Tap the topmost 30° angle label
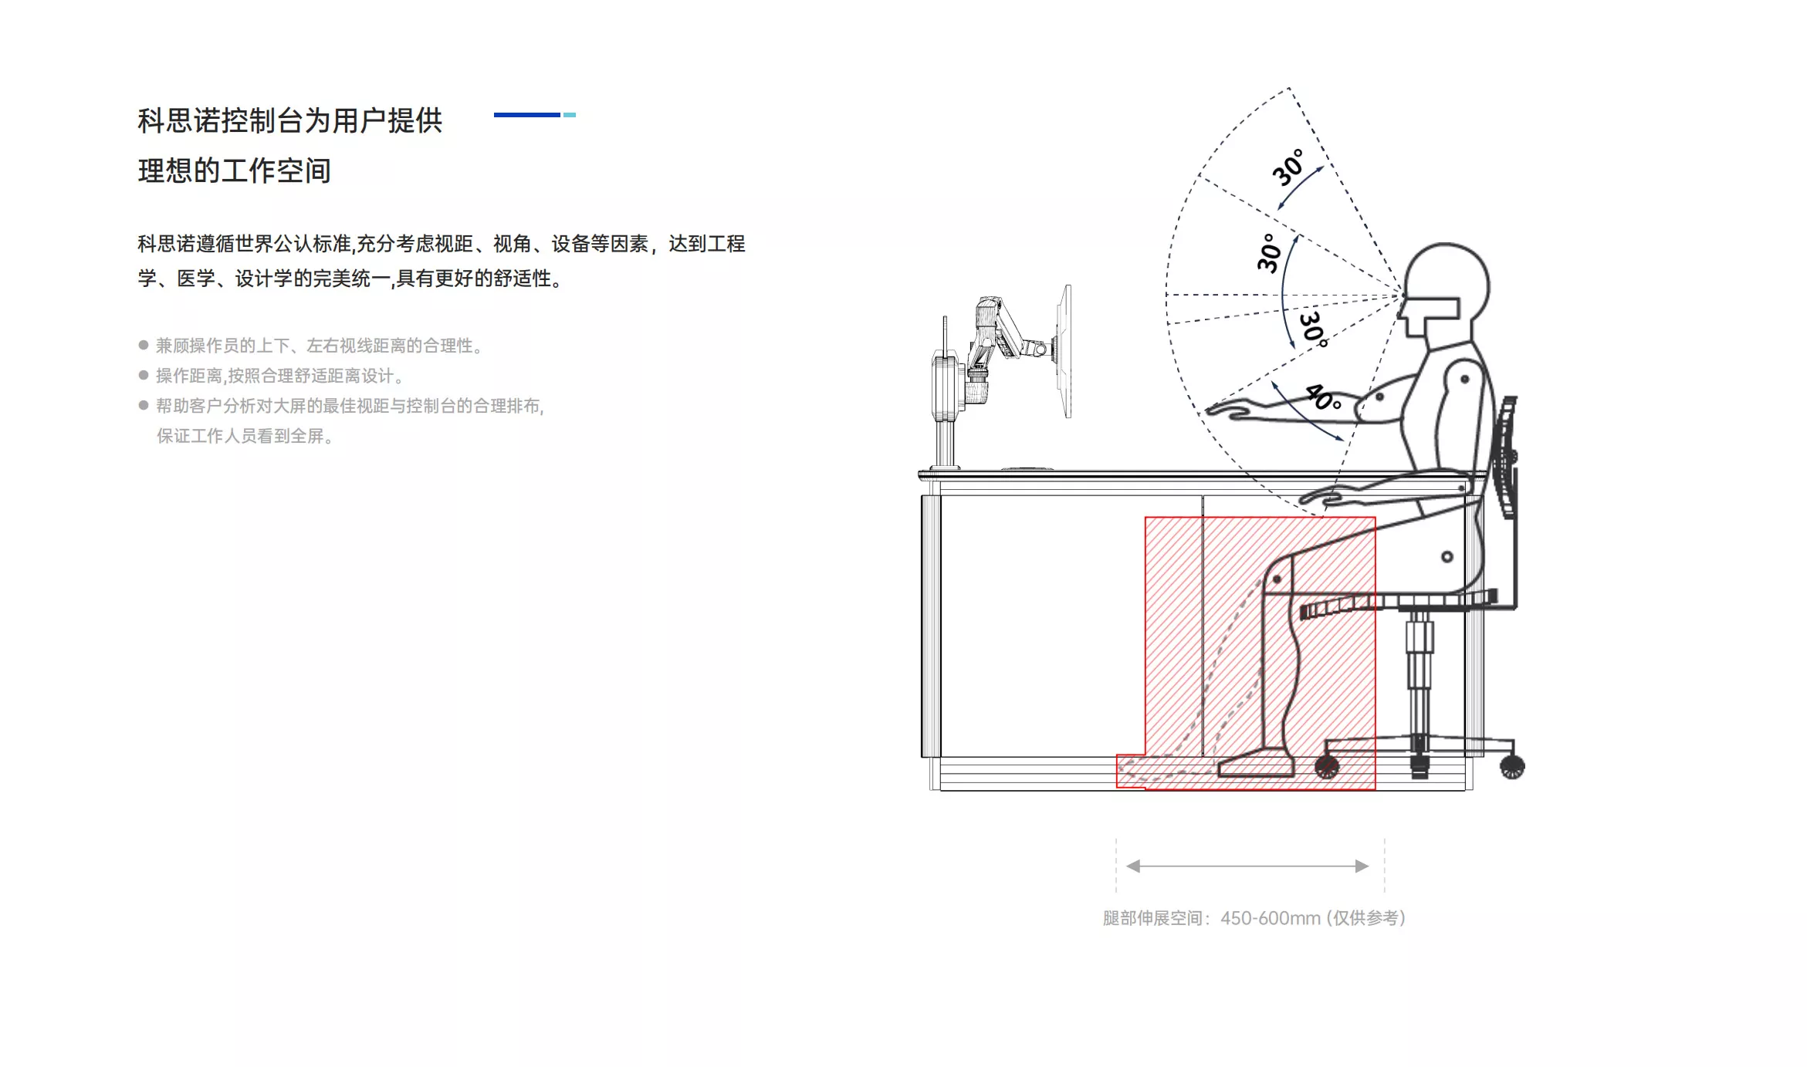click(1288, 167)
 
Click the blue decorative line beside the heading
click(526, 115)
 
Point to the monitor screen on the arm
click(1064, 351)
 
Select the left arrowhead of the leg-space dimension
click(1133, 866)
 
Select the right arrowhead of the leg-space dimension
click(1362, 866)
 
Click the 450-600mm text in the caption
click(1271, 918)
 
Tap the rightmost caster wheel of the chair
click(1511, 766)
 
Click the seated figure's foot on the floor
click(1256, 764)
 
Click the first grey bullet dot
click(144, 345)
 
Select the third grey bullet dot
click(144, 405)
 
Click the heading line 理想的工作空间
click(235, 171)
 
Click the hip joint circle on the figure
click(1447, 556)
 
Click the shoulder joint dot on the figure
click(1464, 379)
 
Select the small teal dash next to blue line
click(570, 115)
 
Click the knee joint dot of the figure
click(1277, 579)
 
